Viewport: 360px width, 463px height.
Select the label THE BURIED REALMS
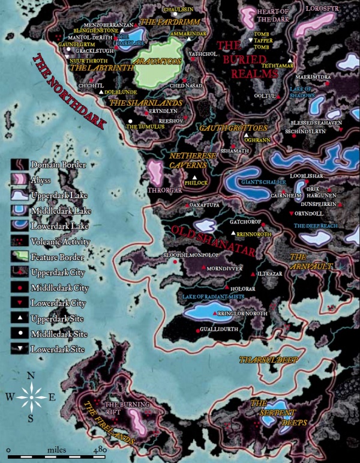click(247, 59)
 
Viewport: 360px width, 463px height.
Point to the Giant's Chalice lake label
click(263, 181)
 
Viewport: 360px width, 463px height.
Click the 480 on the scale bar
click(100, 449)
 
